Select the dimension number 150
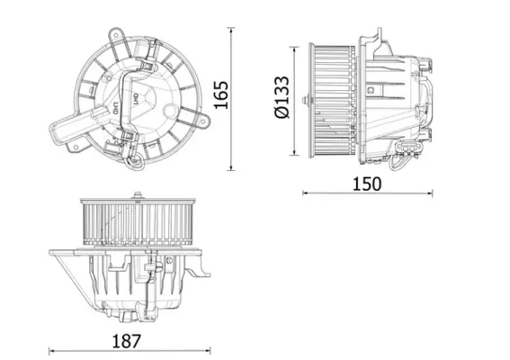pos(367,183)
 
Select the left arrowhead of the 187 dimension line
pos(50,351)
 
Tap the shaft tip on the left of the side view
pos(304,98)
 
